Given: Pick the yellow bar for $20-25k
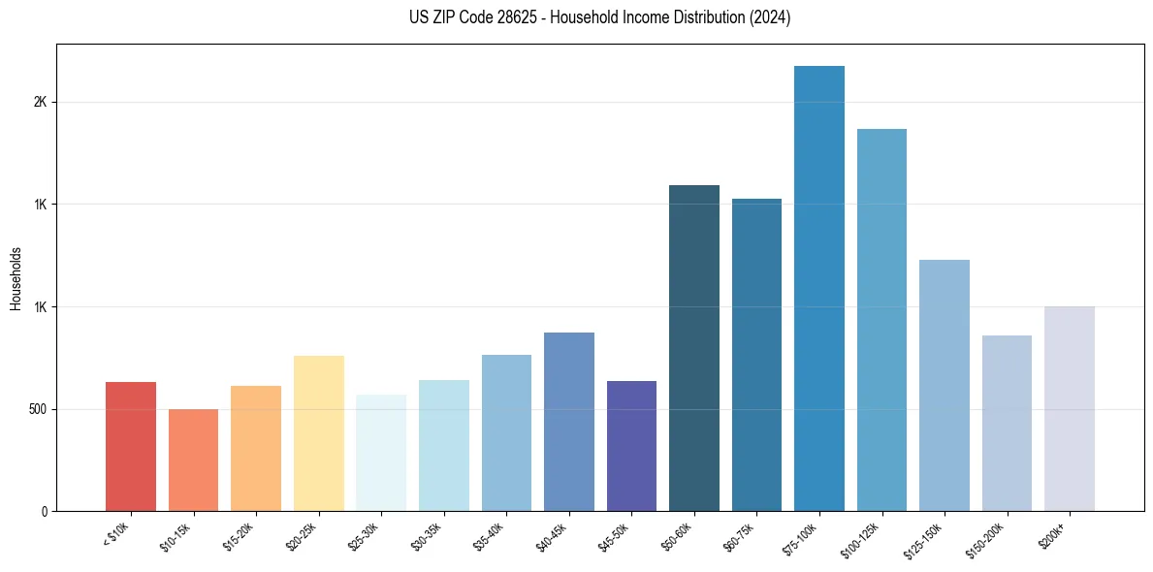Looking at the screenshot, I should [318, 433].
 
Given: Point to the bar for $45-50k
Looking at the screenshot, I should [631, 446].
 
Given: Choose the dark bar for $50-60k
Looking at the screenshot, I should [694, 348].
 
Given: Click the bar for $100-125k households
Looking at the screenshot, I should [881, 320].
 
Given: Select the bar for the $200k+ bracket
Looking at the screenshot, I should [1070, 408].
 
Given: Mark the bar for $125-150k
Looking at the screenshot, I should [945, 385].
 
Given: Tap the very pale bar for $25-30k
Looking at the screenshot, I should [381, 453].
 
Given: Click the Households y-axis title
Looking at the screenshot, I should [16, 277].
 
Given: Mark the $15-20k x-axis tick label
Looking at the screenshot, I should [240, 535].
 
